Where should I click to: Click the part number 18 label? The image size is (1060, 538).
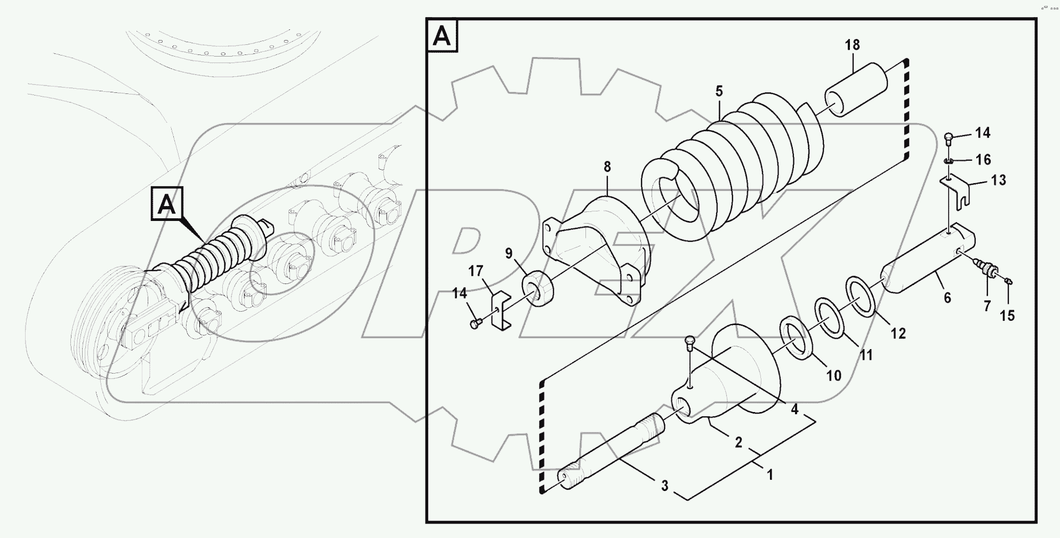click(852, 45)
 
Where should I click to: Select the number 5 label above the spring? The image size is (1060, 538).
click(719, 91)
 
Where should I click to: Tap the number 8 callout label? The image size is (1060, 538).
click(607, 167)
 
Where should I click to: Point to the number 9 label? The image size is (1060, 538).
click(509, 253)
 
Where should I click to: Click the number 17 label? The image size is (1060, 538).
click(476, 271)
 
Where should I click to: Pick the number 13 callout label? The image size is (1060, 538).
click(998, 180)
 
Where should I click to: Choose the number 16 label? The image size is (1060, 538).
click(983, 159)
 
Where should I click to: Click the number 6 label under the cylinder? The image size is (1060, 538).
click(947, 298)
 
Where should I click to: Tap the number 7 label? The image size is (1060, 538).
click(987, 306)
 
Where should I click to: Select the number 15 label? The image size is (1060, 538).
click(1007, 315)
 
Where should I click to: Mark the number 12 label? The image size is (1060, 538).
click(898, 334)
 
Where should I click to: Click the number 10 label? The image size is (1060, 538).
click(833, 376)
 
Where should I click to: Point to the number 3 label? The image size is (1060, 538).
click(664, 486)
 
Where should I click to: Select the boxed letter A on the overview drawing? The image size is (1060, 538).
click(167, 204)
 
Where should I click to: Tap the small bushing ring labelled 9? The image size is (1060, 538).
click(540, 288)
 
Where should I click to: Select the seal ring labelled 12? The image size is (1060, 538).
click(860, 297)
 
